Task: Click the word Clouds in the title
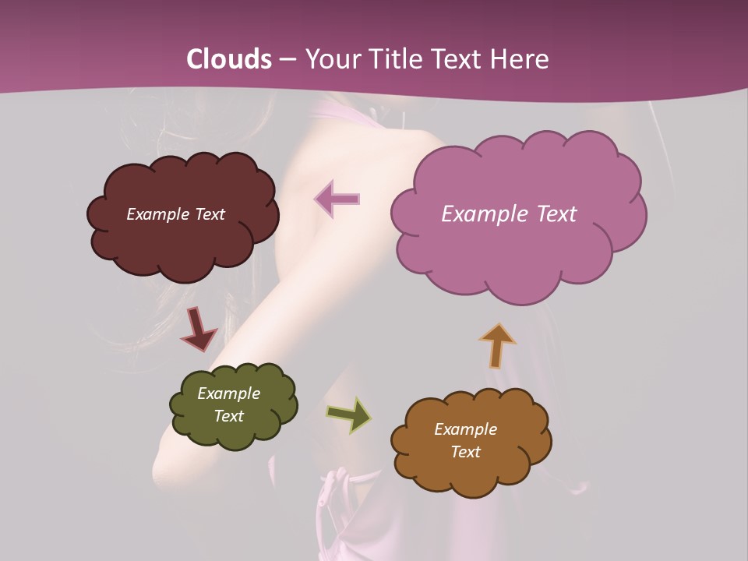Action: (x=229, y=59)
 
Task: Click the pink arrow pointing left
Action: (x=337, y=199)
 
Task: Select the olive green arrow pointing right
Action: (x=348, y=415)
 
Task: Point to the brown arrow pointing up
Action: (x=497, y=345)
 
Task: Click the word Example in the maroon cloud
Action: (x=158, y=214)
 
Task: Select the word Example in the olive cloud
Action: (x=228, y=393)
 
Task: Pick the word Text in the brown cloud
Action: (x=465, y=452)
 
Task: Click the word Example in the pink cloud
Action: (x=482, y=214)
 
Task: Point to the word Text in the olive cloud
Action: (x=228, y=416)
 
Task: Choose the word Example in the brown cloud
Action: (x=465, y=429)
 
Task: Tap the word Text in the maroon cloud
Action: (x=209, y=214)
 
